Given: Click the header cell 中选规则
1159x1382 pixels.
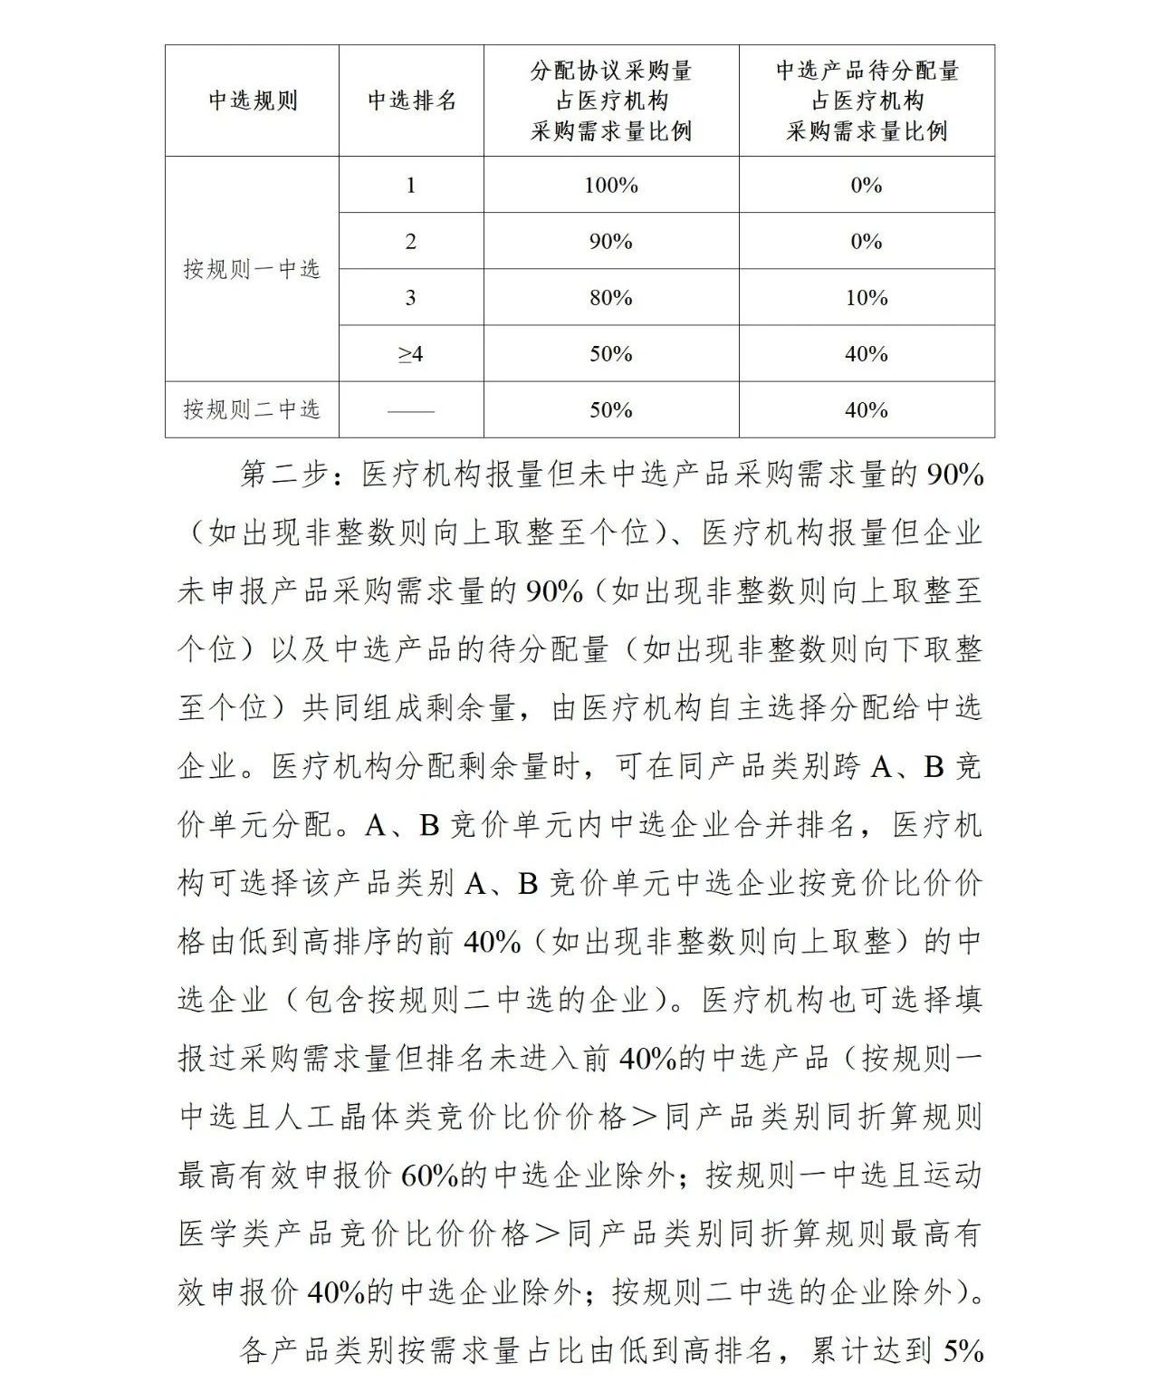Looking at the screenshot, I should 253,101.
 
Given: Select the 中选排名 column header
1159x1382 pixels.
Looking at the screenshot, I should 411,101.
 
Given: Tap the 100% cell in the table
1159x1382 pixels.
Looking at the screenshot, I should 611,186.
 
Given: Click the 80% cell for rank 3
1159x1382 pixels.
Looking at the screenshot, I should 611,298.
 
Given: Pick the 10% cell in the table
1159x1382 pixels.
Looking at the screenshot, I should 866,298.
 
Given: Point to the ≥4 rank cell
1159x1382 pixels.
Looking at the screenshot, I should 411,354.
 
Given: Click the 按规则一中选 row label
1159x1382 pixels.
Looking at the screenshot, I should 252,269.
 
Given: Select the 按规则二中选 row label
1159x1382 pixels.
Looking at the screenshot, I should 252,409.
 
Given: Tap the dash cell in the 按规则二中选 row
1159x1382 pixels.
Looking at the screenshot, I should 411,410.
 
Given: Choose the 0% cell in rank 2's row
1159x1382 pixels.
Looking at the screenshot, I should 866,242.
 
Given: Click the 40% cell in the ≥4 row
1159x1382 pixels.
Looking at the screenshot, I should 866,354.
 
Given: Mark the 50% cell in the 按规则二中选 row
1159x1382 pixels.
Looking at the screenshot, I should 611,410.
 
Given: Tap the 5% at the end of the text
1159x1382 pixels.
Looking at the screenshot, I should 963,1352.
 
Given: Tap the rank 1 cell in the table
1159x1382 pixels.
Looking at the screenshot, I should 411,186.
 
